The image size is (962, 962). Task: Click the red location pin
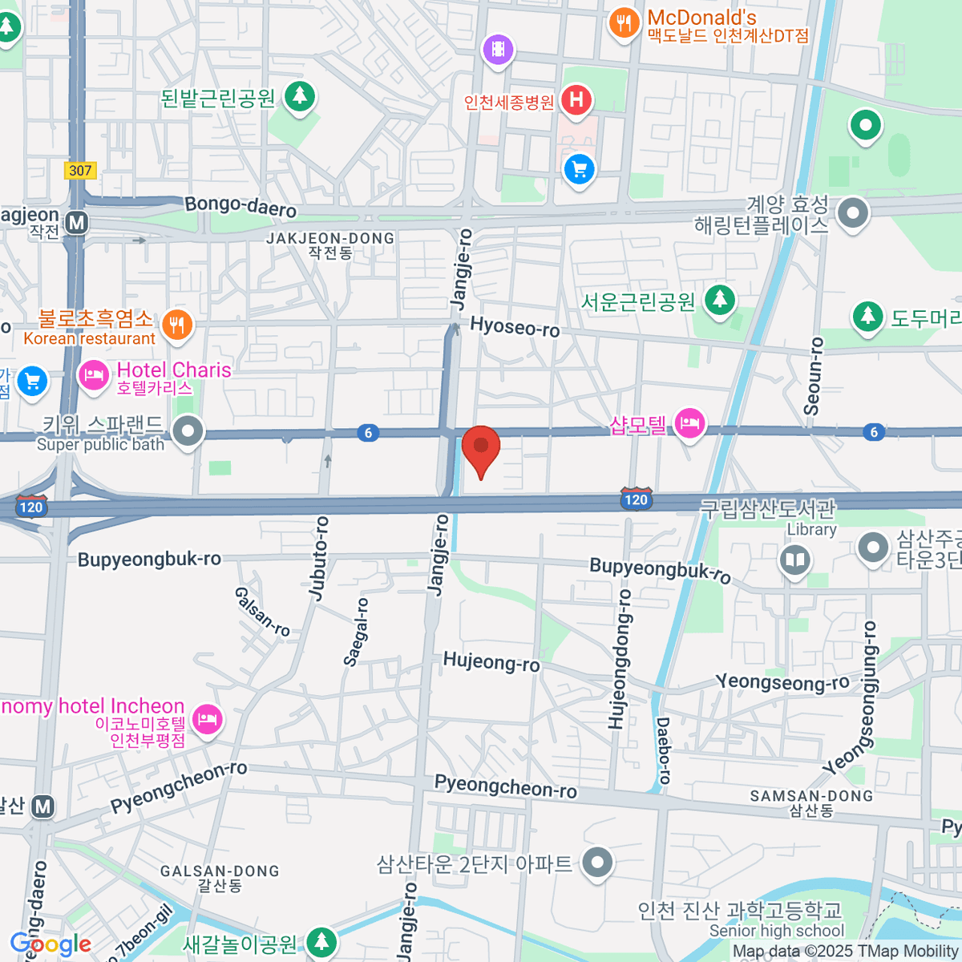tap(480, 447)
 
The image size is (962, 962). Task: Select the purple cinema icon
tap(498, 50)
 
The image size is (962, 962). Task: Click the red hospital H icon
tap(576, 100)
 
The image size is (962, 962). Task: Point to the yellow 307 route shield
tap(80, 170)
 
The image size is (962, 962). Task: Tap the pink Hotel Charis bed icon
tap(94, 374)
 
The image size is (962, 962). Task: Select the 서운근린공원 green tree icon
tap(720, 301)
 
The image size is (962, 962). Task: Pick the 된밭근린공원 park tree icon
tap(300, 96)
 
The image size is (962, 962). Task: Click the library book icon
tap(795, 560)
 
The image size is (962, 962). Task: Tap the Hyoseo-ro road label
tap(515, 326)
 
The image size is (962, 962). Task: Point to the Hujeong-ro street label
tap(491, 661)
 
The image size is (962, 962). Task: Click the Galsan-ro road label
tap(261, 611)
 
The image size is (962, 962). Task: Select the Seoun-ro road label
tap(814, 375)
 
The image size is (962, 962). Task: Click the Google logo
tap(50, 944)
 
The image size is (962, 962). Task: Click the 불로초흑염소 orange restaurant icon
tap(176, 325)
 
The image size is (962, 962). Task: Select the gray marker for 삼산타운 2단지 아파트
tap(597, 863)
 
